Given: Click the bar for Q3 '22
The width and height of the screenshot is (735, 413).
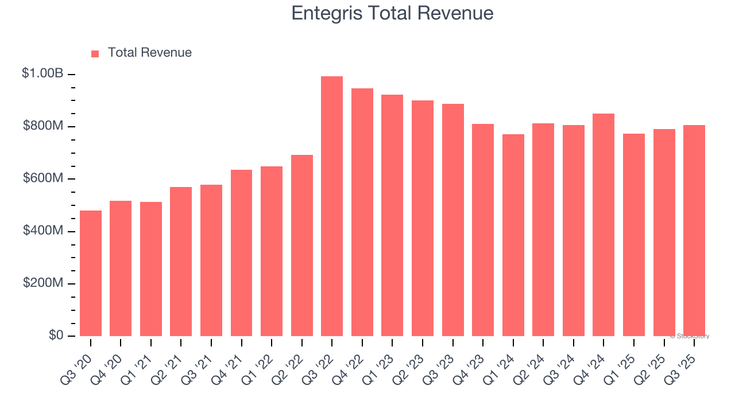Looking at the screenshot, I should (x=332, y=206).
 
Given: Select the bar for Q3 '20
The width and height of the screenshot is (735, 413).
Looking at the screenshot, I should (x=91, y=274).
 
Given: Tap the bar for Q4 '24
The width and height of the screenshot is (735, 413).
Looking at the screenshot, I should (x=604, y=225).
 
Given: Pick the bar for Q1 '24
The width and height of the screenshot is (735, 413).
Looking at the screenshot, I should (x=513, y=235).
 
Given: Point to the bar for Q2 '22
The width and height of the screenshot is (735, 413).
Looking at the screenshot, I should (x=302, y=246).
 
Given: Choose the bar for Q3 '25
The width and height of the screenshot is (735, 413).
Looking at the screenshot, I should (x=694, y=231).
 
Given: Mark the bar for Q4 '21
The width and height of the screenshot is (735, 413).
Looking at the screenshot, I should (x=241, y=253).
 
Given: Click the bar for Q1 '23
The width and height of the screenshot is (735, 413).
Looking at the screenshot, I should (x=392, y=216).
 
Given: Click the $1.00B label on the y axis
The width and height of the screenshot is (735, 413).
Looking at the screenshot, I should (x=43, y=73).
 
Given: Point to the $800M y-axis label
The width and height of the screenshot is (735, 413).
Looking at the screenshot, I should (x=43, y=126).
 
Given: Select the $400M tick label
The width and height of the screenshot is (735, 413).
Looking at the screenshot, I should (x=43, y=231).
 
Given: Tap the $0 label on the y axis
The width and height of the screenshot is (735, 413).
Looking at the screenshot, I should (x=55, y=336).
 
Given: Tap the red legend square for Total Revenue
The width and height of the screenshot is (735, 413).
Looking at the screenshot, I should (x=95, y=54).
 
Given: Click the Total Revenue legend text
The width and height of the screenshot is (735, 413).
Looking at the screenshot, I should (x=149, y=53).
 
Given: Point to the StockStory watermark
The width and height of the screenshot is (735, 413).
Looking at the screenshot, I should (x=690, y=336).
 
